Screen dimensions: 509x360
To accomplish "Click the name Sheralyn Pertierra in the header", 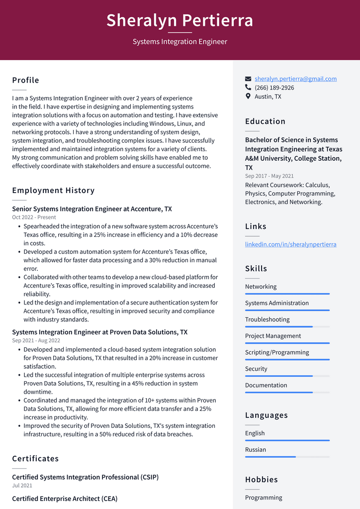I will click(180, 20).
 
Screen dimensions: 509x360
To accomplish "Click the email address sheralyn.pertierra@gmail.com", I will click(295, 79).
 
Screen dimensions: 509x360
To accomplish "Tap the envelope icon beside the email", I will click(248, 79).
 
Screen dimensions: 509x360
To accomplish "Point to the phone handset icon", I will click(248, 88).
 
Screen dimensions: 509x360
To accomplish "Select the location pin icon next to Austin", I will click(248, 97).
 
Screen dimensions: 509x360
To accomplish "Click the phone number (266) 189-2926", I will click(274, 88).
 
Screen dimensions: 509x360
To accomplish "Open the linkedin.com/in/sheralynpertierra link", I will click(290, 244).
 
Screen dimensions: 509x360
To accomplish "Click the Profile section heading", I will click(25, 80).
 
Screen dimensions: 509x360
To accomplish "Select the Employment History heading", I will click(53, 190).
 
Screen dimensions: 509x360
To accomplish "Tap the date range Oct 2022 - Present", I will click(34, 217).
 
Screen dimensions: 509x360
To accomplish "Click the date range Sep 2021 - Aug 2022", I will click(36, 340).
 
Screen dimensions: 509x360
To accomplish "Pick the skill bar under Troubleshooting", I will click(287, 327).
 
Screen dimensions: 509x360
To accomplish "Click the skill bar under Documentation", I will click(287, 393).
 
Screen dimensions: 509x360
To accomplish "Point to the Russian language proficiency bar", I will click(287, 457).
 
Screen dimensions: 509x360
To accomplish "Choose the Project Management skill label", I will click(273, 336).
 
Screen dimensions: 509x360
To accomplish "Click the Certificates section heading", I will click(35, 458).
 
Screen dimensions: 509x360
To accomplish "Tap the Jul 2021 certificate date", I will click(22, 486).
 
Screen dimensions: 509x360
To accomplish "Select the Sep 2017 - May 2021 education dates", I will click(269, 176).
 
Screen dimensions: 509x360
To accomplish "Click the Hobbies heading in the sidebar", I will click(261, 480).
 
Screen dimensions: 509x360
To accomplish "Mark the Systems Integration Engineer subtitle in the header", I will click(180, 42).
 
